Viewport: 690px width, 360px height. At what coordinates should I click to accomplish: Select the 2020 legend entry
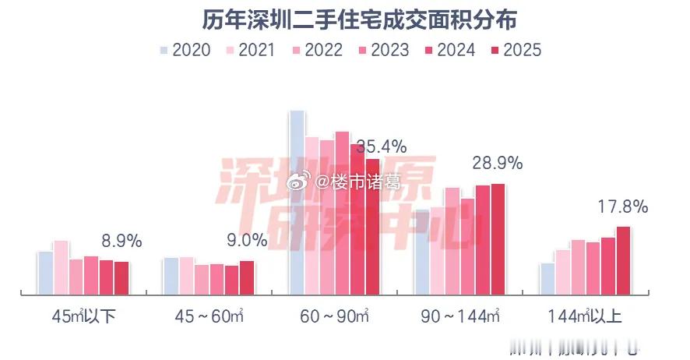(185, 50)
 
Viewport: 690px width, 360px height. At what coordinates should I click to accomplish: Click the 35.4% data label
(403, 146)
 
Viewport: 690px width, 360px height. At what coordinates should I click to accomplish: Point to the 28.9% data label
(497, 164)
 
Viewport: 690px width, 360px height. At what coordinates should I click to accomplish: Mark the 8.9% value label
(122, 242)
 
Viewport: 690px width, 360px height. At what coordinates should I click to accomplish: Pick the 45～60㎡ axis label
(209, 317)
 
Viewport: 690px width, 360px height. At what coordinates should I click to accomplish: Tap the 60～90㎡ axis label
(334, 317)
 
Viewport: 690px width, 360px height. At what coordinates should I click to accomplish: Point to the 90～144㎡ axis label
(459, 317)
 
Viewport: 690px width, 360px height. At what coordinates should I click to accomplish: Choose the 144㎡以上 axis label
(585, 317)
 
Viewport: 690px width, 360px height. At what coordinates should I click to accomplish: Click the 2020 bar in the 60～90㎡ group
(297, 203)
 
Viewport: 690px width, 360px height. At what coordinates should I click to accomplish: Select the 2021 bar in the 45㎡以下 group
(61, 268)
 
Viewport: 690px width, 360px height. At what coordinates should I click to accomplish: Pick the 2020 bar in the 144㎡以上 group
(547, 279)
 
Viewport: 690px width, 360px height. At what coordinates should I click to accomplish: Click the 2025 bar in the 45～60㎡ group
(247, 277)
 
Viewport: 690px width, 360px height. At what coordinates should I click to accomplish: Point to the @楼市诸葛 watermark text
(358, 182)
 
